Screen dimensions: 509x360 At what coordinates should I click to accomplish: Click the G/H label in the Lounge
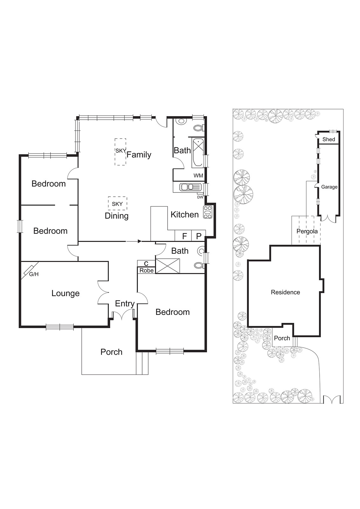(x=34, y=274)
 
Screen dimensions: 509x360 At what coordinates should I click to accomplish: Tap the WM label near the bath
(x=198, y=176)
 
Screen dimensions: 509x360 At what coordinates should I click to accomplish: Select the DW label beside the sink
(x=200, y=197)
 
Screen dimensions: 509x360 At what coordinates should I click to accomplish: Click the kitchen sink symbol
(x=190, y=187)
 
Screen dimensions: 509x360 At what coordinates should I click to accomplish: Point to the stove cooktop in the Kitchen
(x=208, y=212)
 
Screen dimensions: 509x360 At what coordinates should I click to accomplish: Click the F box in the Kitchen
(x=184, y=236)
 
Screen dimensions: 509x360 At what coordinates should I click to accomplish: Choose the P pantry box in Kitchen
(x=199, y=236)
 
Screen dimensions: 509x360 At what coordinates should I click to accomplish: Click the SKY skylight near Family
(x=121, y=151)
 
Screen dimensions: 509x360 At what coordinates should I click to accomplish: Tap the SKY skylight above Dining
(x=117, y=204)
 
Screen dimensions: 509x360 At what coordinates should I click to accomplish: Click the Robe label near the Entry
(x=147, y=270)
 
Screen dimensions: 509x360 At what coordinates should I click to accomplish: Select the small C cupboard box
(x=146, y=264)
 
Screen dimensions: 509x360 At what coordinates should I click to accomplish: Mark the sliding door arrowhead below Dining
(x=139, y=241)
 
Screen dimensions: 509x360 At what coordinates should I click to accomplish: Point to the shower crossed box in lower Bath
(x=168, y=266)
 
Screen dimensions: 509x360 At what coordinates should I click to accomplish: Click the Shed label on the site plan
(x=329, y=139)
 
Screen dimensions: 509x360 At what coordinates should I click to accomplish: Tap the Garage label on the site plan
(x=329, y=187)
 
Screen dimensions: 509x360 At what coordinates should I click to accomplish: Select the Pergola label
(x=307, y=231)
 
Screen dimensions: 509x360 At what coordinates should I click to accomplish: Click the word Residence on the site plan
(x=285, y=292)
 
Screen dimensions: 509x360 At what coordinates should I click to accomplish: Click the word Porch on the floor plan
(x=111, y=352)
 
